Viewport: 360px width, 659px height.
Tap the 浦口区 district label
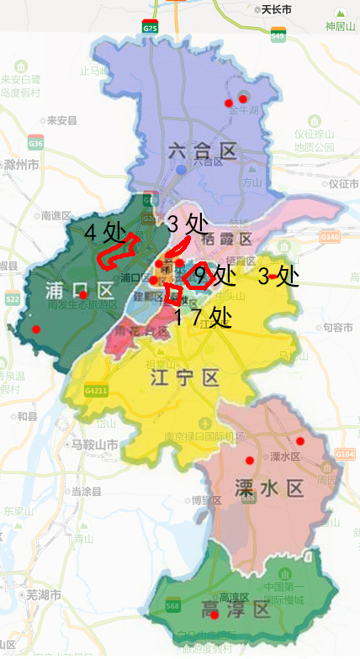(80, 292)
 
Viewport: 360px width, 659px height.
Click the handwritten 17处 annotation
(203, 317)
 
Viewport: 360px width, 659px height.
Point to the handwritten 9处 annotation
(214, 275)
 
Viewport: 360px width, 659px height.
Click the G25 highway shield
(150, 27)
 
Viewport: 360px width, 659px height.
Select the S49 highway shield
(278, 35)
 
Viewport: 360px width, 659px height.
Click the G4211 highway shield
(96, 390)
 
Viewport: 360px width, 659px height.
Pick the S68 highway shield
(172, 605)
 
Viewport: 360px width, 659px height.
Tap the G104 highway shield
(344, 454)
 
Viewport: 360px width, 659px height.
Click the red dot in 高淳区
(214, 614)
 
